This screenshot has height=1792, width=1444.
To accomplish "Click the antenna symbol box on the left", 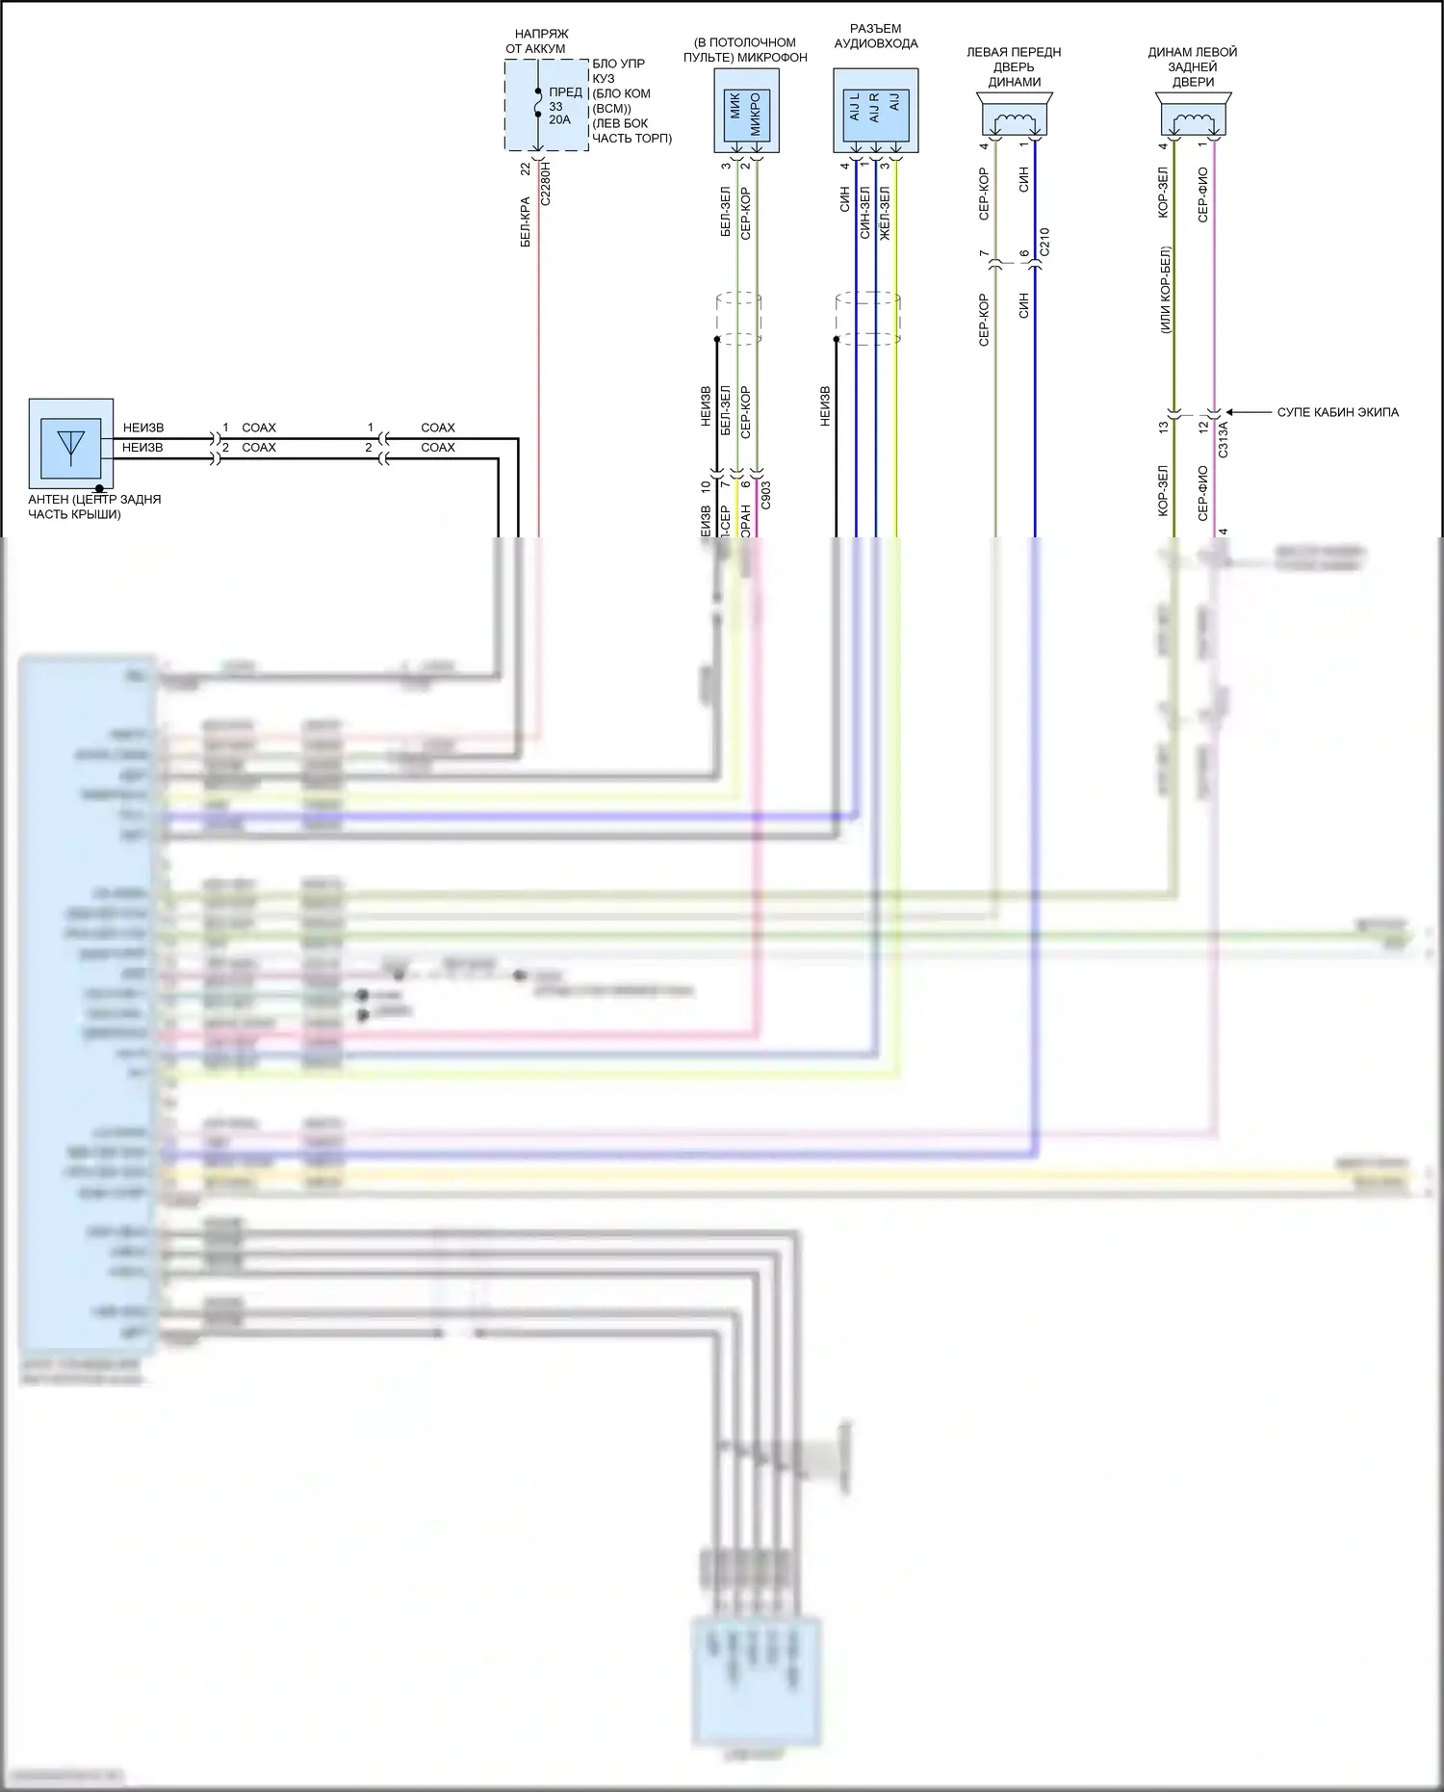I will tap(71, 443).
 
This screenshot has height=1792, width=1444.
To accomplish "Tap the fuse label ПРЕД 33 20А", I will tap(564, 106).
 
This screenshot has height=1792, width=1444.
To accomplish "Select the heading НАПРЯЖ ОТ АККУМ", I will tap(539, 41).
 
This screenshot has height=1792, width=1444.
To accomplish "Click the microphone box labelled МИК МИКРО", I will tap(746, 112).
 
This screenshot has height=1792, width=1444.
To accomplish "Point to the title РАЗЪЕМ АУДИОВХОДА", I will tap(875, 37).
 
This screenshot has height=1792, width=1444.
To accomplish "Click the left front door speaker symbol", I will tap(1015, 118).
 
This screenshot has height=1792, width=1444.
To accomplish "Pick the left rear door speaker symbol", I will tap(1193, 118).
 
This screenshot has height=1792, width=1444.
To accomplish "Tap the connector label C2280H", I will tap(546, 183).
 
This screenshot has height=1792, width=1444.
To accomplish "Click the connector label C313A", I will tap(1224, 437).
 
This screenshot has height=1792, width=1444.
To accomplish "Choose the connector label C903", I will tap(765, 496).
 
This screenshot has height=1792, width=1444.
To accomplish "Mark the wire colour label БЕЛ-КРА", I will tap(526, 222).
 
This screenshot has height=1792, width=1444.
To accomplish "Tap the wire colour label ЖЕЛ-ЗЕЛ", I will tap(885, 213).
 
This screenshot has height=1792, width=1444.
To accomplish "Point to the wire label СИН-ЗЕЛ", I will tap(864, 213).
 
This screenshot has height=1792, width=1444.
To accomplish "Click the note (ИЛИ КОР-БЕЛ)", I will tap(1165, 290).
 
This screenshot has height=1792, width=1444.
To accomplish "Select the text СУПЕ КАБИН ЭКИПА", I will tap(1337, 412).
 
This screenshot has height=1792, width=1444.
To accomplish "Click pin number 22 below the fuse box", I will tap(526, 169).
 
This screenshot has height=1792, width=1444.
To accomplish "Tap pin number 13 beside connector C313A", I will tap(1163, 427).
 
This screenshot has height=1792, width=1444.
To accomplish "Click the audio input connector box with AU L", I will tap(875, 110).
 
